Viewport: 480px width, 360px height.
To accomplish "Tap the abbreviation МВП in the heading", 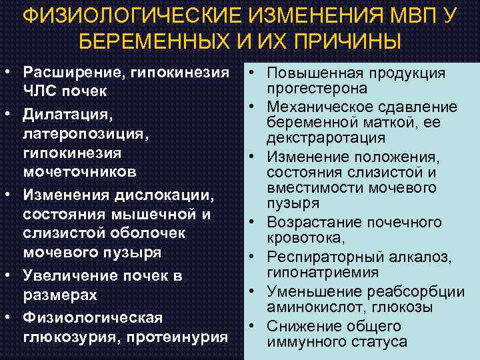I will [413, 15].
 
